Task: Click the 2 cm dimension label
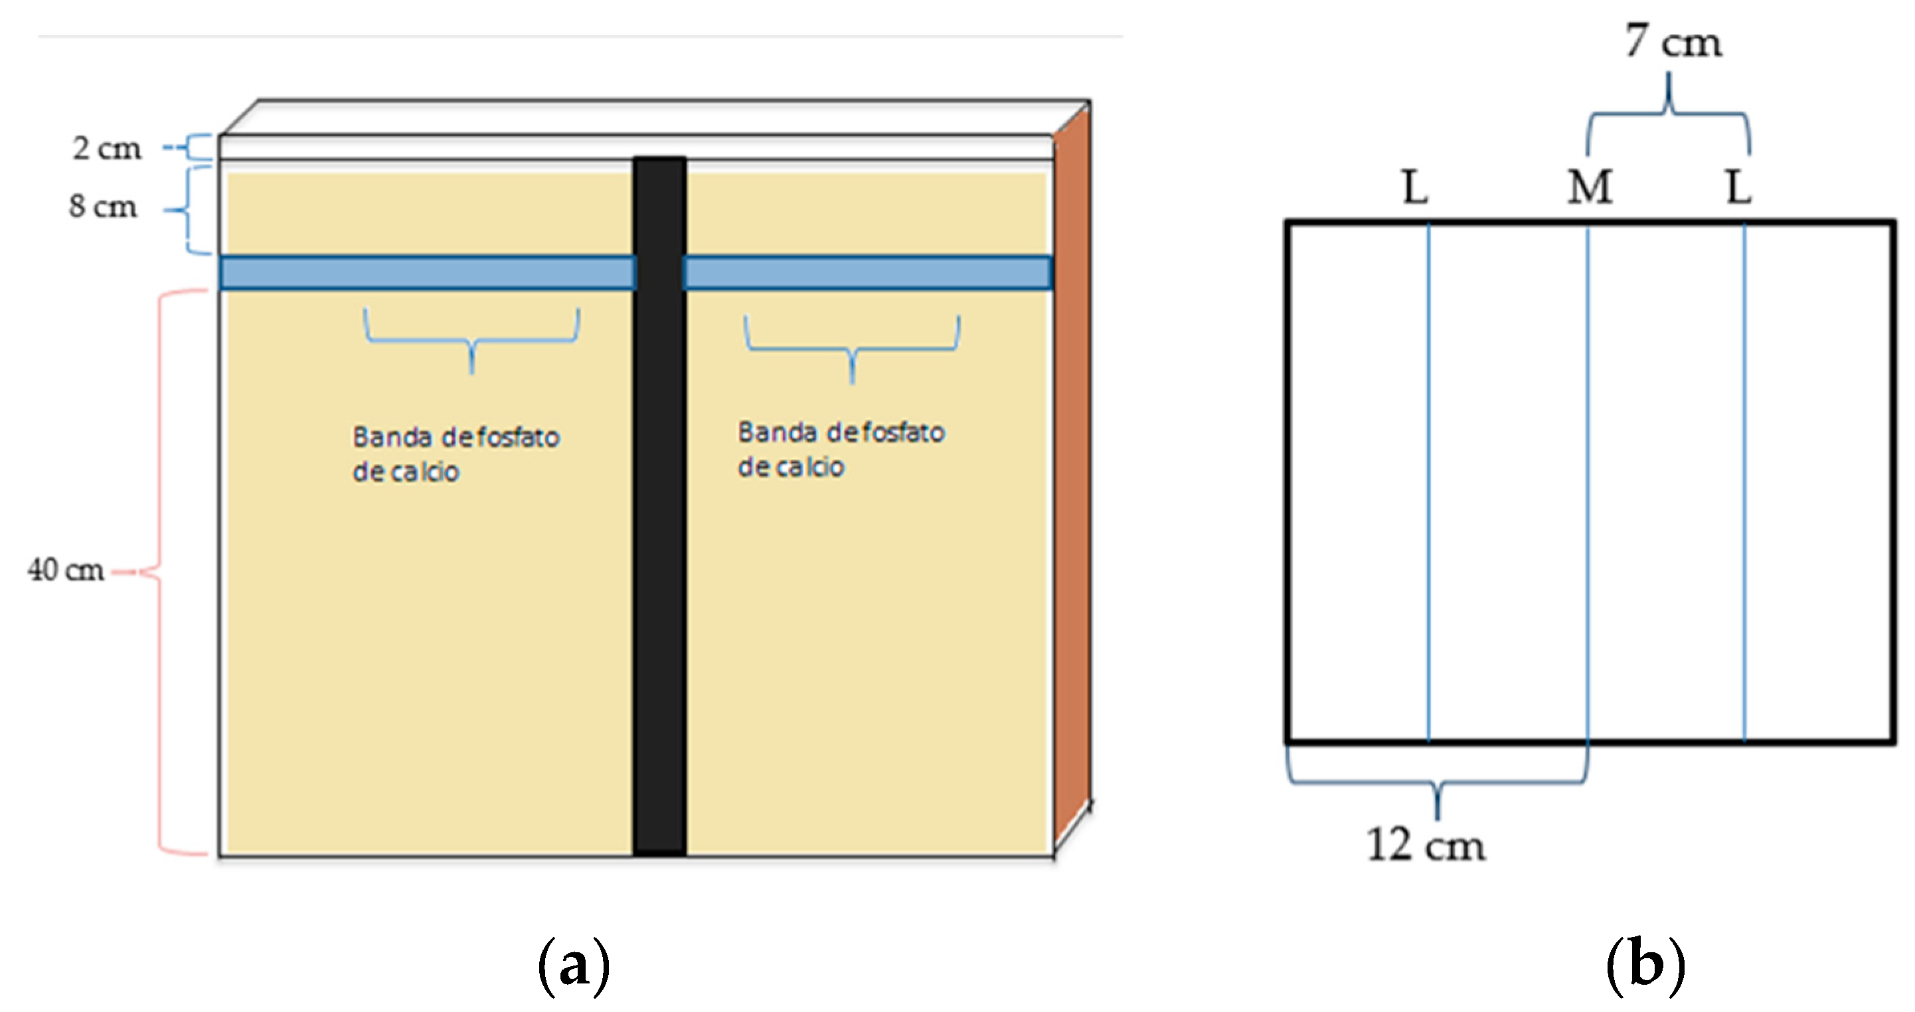[x=106, y=148]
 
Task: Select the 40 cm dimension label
[x=66, y=570]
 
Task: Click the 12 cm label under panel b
[x=1425, y=845]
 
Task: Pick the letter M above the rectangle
[x=1590, y=187]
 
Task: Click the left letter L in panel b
[x=1415, y=187]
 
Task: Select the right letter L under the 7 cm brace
[x=1738, y=187]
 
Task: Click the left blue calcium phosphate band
[x=428, y=273]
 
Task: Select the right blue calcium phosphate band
[x=867, y=273]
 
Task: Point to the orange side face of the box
[x=1072, y=476]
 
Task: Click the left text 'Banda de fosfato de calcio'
[x=455, y=454]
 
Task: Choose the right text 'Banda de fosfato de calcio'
[x=840, y=449]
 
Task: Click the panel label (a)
[x=573, y=965]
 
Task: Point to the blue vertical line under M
[x=1588, y=483]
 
